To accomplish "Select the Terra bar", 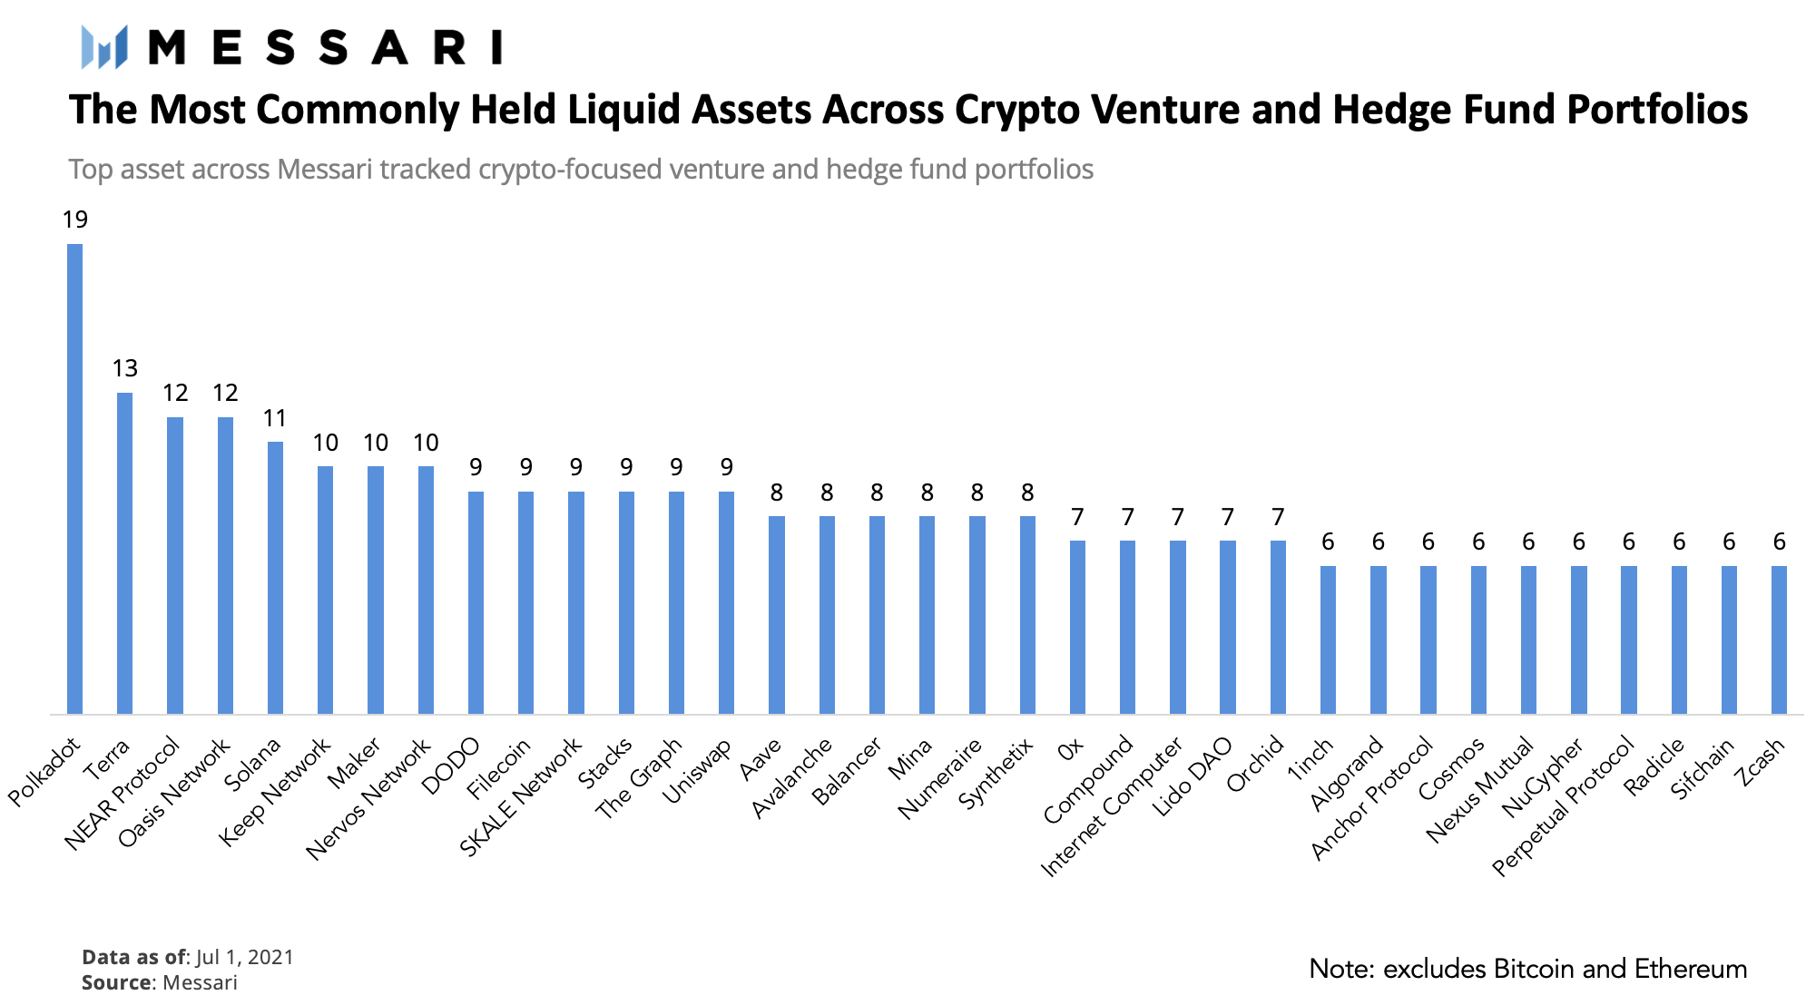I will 124,553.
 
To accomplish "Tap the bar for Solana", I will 275,578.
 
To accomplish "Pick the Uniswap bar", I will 726,602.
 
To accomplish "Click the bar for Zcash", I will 1779,639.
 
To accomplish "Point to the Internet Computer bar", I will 1177,627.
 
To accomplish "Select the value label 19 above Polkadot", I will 74,220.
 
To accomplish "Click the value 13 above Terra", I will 124,368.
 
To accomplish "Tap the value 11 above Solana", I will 275,418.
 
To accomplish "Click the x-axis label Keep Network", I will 276,791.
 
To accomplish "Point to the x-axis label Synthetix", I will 996,773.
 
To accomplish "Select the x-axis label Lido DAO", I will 1193,776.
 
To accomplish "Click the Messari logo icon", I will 103,47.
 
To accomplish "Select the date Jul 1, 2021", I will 244,958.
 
